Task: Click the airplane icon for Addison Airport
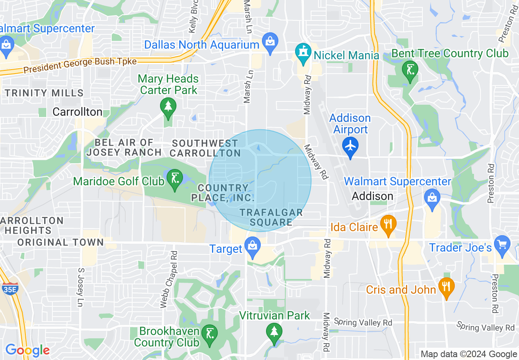click(350, 145)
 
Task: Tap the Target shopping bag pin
click(252, 247)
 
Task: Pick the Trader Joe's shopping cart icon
click(502, 244)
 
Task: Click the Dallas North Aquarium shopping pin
click(270, 41)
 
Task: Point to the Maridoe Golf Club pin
click(175, 179)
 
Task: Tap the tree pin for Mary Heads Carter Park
click(168, 107)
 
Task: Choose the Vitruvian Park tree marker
click(274, 331)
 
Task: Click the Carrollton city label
click(77, 112)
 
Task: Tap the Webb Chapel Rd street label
click(169, 279)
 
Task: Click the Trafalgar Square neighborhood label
click(271, 217)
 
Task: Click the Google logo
click(27, 350)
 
